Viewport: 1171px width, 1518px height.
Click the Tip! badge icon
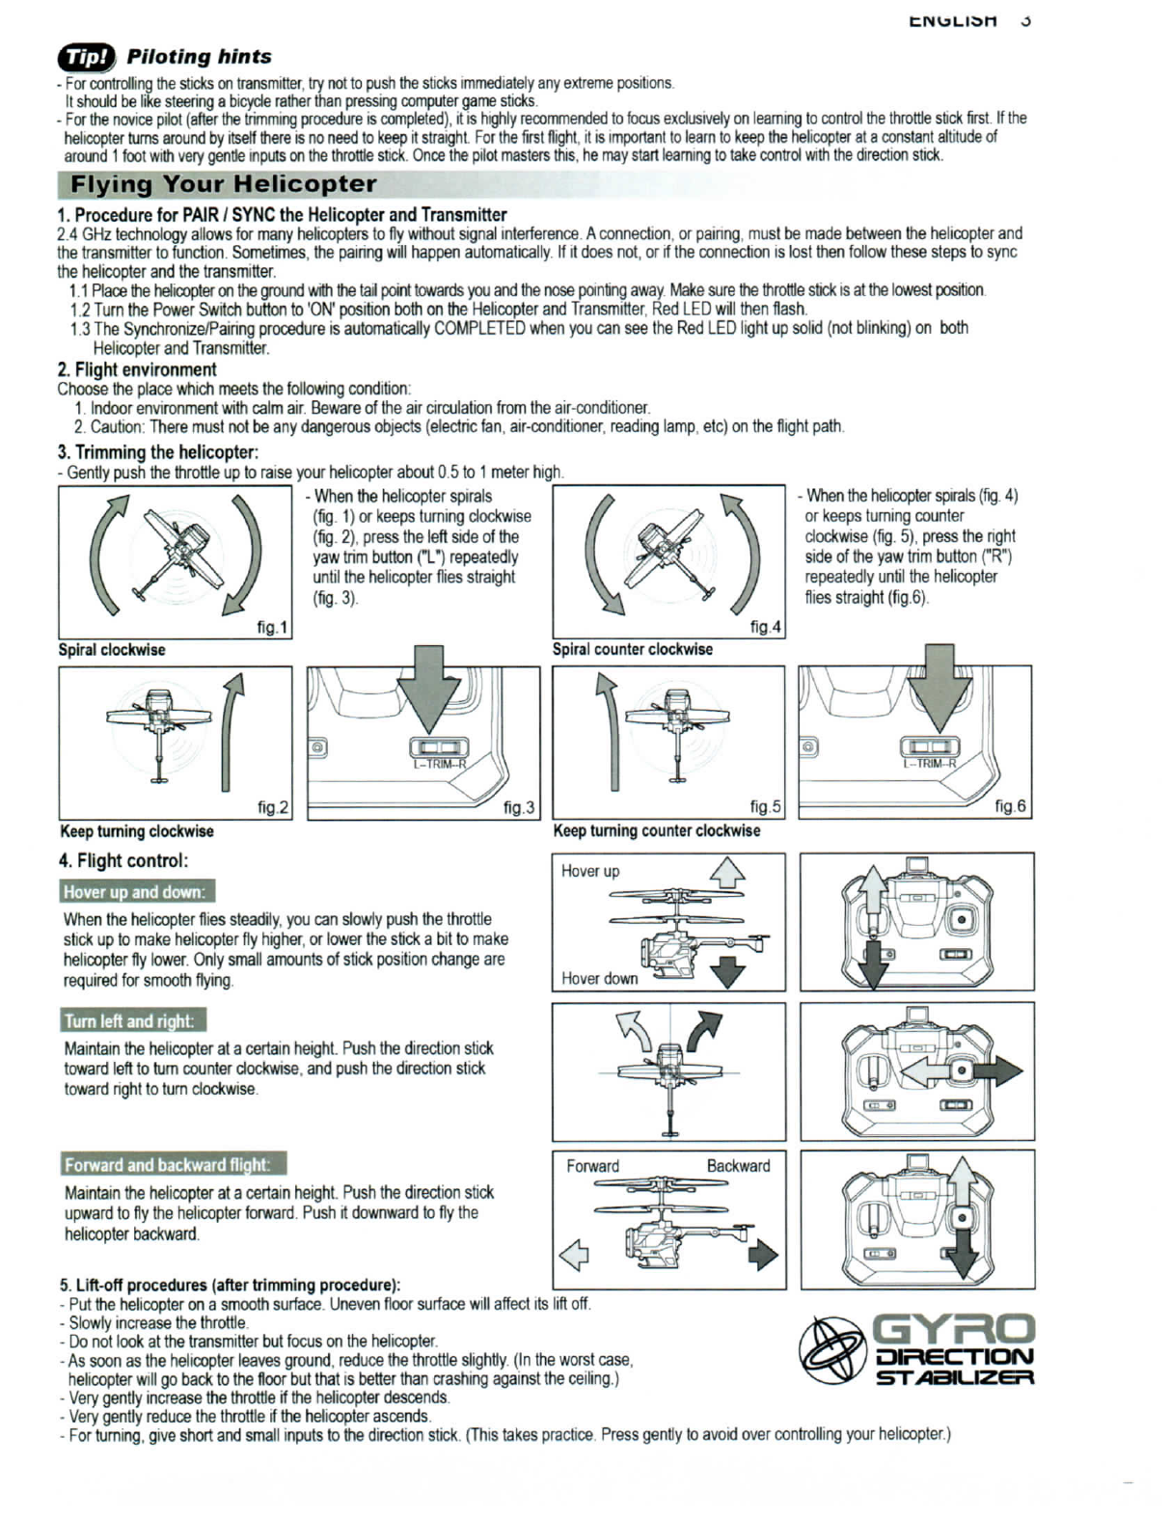[86, 58]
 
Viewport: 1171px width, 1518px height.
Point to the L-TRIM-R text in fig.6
[929, 764]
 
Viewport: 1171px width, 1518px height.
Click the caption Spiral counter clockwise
[632, 649]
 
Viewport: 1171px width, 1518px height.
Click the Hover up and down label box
[136, 891]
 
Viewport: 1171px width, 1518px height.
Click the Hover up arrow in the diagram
[727, 873]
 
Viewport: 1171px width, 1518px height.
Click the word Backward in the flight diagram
[738, 1166]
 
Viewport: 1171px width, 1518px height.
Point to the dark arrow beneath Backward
[762, 1255]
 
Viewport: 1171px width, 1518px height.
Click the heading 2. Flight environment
[137, 369]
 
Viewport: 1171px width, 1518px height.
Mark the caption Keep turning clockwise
[137, 831]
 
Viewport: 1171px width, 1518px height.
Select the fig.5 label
[765, 807]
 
